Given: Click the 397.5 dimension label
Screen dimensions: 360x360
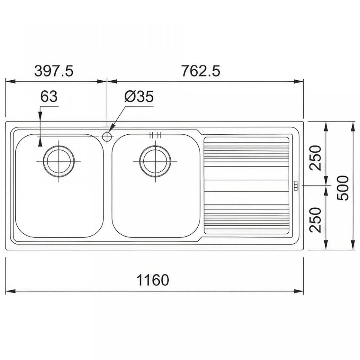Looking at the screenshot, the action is pos(54,71).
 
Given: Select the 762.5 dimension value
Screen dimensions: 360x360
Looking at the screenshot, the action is pos(200,71).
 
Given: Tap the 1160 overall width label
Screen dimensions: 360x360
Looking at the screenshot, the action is pos(153,280).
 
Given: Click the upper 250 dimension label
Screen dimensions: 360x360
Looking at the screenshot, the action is pos(316,158).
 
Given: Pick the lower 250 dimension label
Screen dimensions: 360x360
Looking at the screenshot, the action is pos(316,220).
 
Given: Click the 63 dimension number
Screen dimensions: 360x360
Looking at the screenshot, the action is pos(49,96).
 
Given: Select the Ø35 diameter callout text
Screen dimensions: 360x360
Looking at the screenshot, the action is pos(139,96).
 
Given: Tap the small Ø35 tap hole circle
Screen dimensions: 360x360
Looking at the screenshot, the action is pos(107,137).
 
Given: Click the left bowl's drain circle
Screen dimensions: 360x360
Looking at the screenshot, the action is pos(59,161).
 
